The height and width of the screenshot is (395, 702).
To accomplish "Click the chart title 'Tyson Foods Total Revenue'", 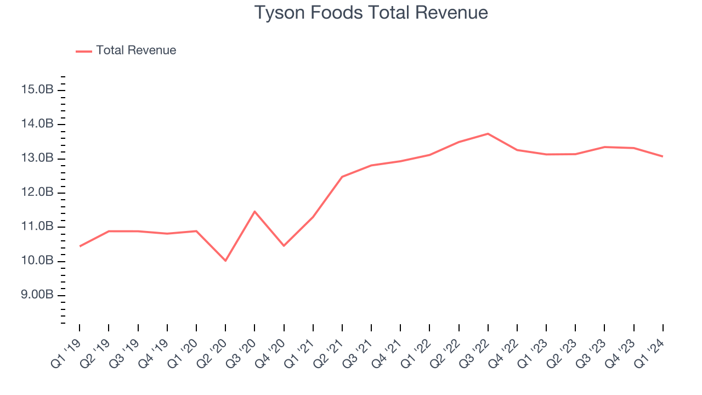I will (x=371, y=13).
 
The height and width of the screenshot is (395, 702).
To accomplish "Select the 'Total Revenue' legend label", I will (x=136, y=50).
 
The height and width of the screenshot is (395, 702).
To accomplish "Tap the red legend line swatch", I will (x=84, y=51).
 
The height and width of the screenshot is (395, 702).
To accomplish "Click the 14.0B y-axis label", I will (x=37, y=125).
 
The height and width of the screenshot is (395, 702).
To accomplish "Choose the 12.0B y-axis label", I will (x=37, y=193).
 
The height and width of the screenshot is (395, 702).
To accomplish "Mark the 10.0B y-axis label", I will (x=37, y=261).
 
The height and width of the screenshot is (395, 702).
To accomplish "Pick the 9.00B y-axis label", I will (x=37, y=295).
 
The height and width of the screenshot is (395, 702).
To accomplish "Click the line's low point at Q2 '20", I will (x=225, y=261).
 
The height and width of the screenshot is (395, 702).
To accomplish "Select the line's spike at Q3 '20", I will (x=254, y=211).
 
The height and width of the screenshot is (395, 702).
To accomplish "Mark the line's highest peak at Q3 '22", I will (x=488, y=133).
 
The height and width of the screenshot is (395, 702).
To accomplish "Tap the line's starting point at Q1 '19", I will (x=80, y=246).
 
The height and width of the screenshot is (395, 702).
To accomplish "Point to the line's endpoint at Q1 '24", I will (x=663, y=156).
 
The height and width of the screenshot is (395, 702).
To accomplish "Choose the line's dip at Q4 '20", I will (x=284, y=246).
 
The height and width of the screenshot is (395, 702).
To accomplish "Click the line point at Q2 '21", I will (x=342, y=177).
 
